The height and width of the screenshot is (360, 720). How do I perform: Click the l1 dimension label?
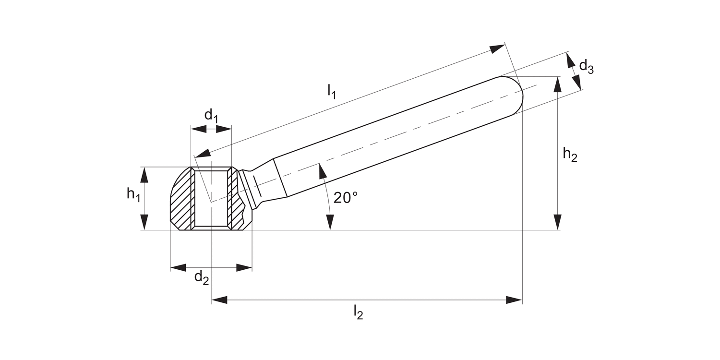click(331, 91)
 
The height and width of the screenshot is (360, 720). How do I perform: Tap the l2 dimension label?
click(358, 312)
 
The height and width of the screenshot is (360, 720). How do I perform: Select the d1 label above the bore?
click(211, 116)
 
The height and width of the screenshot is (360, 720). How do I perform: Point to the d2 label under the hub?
click(202, 277)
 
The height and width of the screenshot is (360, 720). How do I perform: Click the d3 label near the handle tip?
click(586, 66)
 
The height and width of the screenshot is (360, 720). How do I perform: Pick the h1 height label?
click(133, 194)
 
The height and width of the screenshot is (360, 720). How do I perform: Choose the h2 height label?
click(570, 155)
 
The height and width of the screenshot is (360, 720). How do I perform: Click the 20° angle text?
click(346, 197)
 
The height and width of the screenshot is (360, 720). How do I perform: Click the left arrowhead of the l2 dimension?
click(219, 300)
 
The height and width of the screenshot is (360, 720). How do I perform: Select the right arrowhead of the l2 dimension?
click(514, 300)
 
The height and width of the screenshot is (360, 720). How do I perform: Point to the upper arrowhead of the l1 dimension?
click(497, 48)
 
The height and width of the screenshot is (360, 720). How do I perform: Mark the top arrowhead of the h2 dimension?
click(557, 84)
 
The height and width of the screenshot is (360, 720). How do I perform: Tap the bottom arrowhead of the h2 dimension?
click(557, 222)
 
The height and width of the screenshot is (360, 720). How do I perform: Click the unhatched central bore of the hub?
click(211, 198)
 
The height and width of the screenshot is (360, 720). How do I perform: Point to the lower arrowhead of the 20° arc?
click(330, 222)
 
